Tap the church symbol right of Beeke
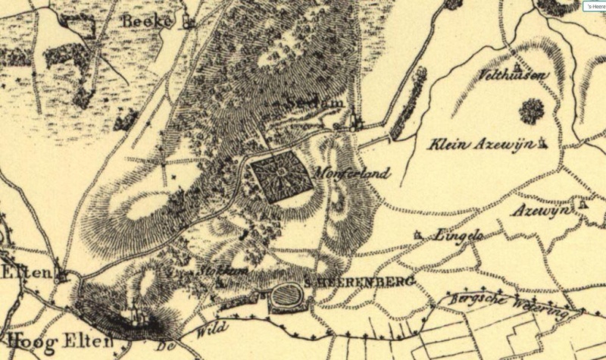tap(189, 23)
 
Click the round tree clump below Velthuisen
tap(532, 111)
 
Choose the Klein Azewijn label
tap(480, 144)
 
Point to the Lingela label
tap(458, 236)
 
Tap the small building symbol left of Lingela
tap(418, 235)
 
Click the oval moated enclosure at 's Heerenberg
tap(289, 295)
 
